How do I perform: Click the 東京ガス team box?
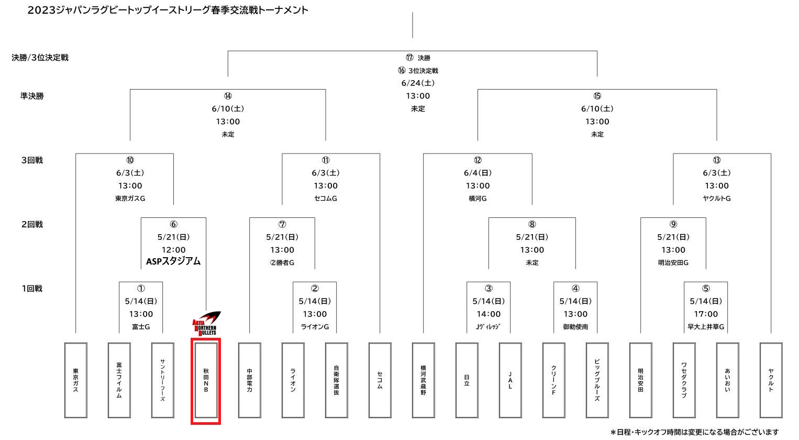click(x=76, y=380)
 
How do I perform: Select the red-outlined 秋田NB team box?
click(x=206, y=381)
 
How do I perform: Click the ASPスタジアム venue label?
click(x=173, y=261)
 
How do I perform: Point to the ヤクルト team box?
click(x=771, y=380)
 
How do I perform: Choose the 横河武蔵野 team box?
click(x=423, y=380)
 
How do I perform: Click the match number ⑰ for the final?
click(x=409, y=58)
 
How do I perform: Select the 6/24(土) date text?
click(x=418, y=83)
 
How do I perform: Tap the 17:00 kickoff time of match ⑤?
click(x=706, y=314)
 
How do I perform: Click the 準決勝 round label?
click(x=32, y=96)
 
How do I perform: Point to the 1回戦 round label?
click(x=32, y=289)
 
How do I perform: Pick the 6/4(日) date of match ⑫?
click(x=478, y=173)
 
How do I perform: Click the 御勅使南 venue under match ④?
click(x=575, y=327)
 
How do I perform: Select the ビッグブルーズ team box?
click(x=597, y=380)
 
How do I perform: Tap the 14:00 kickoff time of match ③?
click(x=489, y=314)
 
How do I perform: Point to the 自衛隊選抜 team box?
click(x=336, y=380)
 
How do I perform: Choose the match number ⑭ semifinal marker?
click(x=228, y=96)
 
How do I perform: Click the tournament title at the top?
click(x=168, y=10)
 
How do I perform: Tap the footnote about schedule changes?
click(x=694, y=432)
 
